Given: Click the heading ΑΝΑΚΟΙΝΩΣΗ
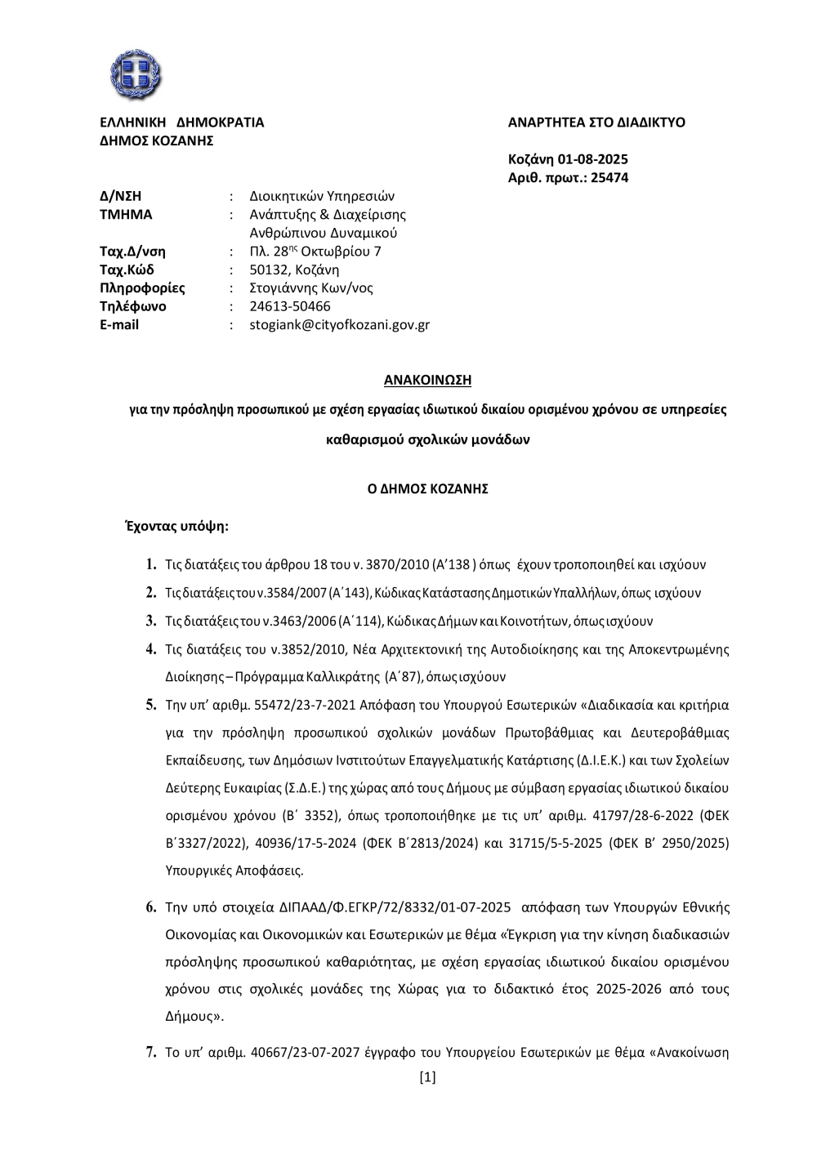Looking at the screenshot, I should [x=428, y=380].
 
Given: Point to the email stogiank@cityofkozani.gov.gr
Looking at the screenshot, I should [x=339, y=325].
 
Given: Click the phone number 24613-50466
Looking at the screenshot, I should [x=290, y=306].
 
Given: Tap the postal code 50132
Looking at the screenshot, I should [x=270, y=270].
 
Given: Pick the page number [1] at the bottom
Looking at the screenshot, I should [x=427, y=1077].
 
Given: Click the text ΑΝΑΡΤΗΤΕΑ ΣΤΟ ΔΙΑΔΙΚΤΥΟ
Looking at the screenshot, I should [x=596, y=123].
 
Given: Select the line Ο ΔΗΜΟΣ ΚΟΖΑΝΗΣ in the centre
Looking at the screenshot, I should [x=428, y=488].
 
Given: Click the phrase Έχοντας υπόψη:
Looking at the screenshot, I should [x=176, y=526].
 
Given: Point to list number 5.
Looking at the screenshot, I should [x=151, y=705].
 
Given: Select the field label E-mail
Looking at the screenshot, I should [x=119, y=325].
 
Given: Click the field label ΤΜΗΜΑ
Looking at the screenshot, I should [x=126, y=215].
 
